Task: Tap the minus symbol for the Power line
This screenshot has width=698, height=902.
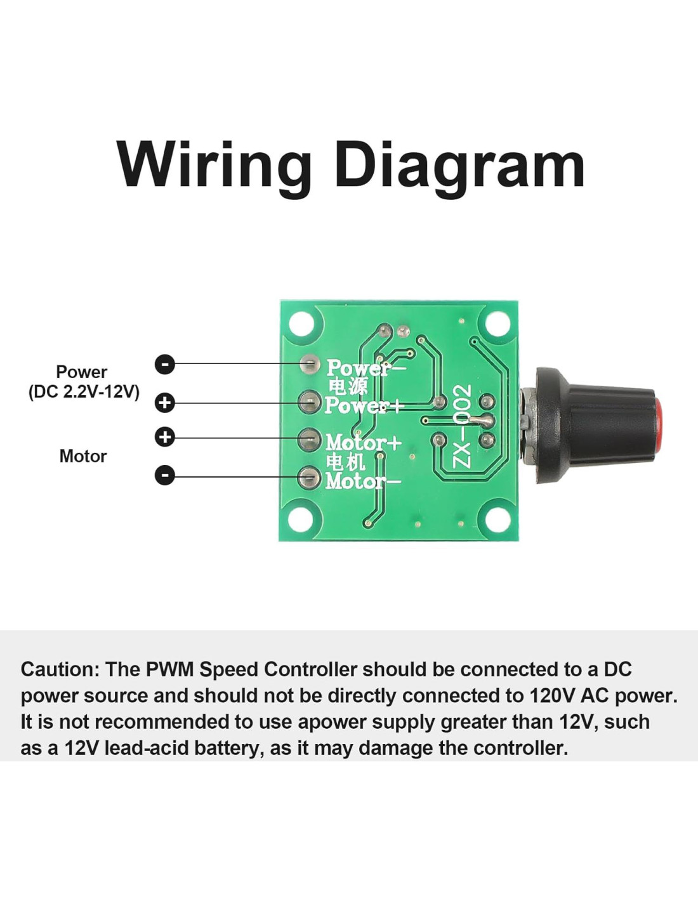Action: (165, 364)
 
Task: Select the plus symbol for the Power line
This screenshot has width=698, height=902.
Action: (165, 403)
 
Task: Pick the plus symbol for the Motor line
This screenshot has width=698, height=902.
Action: (165, 438)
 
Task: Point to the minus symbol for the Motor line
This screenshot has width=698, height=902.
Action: (165, 475)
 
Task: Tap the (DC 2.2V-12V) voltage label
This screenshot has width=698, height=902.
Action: (84, 391)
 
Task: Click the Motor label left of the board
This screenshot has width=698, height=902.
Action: (83, 456)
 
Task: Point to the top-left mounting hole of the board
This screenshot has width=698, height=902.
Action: (302, 324)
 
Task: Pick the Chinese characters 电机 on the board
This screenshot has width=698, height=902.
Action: (346, 461)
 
